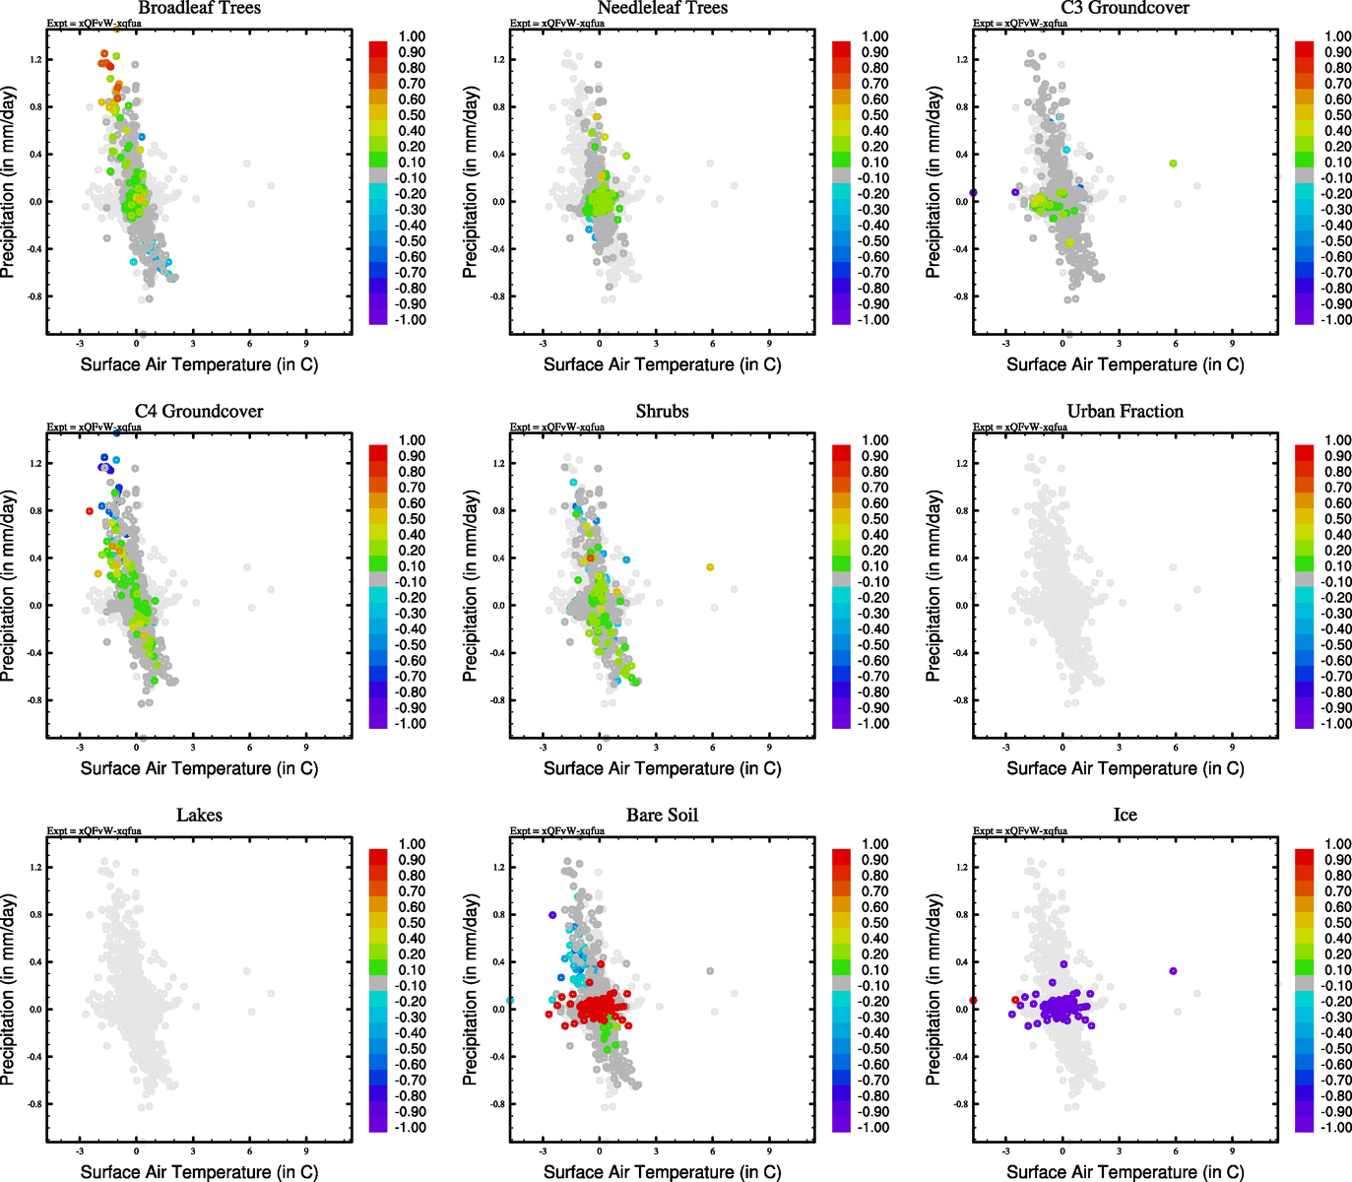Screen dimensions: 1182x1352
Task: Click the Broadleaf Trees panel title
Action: click(199, 8)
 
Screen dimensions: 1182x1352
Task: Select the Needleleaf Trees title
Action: click(662, 8)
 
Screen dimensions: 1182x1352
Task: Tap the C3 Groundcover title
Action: click(1125, 8)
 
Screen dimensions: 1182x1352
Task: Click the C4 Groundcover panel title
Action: click(199, 412)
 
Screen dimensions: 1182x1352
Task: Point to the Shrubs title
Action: click(662, 412)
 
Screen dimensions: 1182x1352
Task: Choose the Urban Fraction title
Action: click(1125, 412)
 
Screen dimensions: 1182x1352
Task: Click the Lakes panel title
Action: click(199, 816)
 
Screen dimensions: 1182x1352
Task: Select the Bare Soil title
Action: click(662, 816)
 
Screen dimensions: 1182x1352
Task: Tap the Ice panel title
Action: click(1125, 816)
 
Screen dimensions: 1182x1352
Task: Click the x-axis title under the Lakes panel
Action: click(199, 1172)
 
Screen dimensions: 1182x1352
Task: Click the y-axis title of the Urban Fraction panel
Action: click(934, 586)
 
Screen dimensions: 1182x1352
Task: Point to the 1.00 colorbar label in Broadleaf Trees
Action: click(412, 36)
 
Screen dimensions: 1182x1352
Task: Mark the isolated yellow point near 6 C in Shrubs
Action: click(709, 567)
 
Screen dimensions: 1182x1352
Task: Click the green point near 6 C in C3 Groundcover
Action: click(1173, 164)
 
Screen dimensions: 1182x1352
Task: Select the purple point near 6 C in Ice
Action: click(1173, 971)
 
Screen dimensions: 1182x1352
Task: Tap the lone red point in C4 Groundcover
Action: click(90, 510)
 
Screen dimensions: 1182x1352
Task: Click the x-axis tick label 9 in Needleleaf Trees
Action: click(769, 344)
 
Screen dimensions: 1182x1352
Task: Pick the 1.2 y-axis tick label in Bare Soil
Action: click(499, 868)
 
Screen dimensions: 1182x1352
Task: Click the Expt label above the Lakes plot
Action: click(95, 830)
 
